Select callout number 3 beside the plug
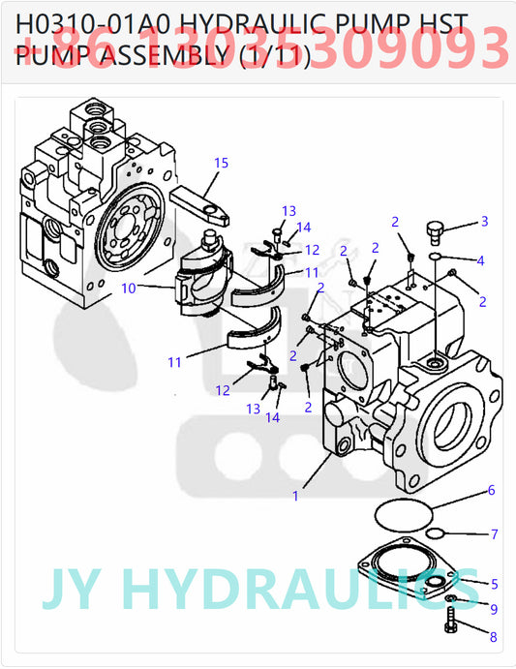(485, 222)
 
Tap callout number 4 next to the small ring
(481, 260)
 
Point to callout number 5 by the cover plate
(495, 584)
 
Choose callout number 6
(491, 491)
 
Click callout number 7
(495, 533)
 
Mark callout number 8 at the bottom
(493, 637)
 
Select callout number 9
(494, 609)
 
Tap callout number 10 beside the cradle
(129, 288)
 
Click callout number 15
(222, 163)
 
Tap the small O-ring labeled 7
(437, 534)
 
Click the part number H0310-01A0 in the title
(83, 24)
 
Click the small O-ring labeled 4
(437, 257)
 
